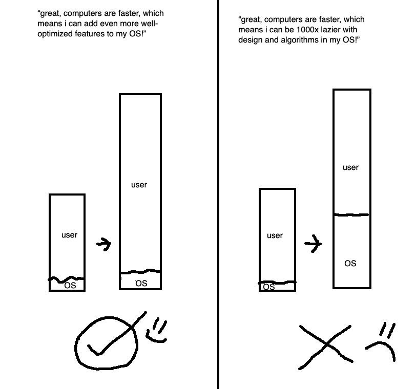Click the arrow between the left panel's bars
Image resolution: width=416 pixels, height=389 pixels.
(x=103, y=244)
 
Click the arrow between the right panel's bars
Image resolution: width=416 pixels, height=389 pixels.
(x=313, y=244)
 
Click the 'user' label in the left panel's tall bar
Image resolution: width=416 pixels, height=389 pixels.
(x=139, y=185)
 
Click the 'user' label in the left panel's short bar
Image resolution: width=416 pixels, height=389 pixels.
(x=69, y=235)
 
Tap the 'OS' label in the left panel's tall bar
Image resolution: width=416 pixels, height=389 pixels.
(x=141, y=283)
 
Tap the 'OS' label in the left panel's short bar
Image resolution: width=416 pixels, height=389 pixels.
(x=70, y=286)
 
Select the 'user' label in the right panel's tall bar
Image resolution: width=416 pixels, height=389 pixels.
(x=350, y=167)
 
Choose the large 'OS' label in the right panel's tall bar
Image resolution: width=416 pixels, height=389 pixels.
(x=350, y=263)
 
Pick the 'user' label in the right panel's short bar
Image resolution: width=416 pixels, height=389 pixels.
(x=275, y=235)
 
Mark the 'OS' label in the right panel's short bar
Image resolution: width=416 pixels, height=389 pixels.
(x=269, y=287)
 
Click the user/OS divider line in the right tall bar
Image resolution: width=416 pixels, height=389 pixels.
(x=351, y=214)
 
